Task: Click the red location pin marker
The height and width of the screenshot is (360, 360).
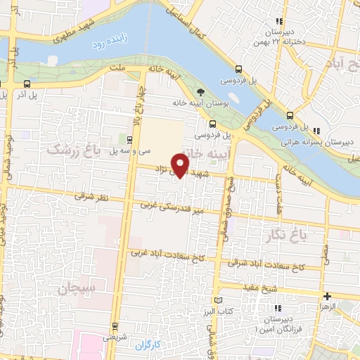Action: point(181,165)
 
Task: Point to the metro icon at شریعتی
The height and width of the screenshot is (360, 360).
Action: point(116,326)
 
